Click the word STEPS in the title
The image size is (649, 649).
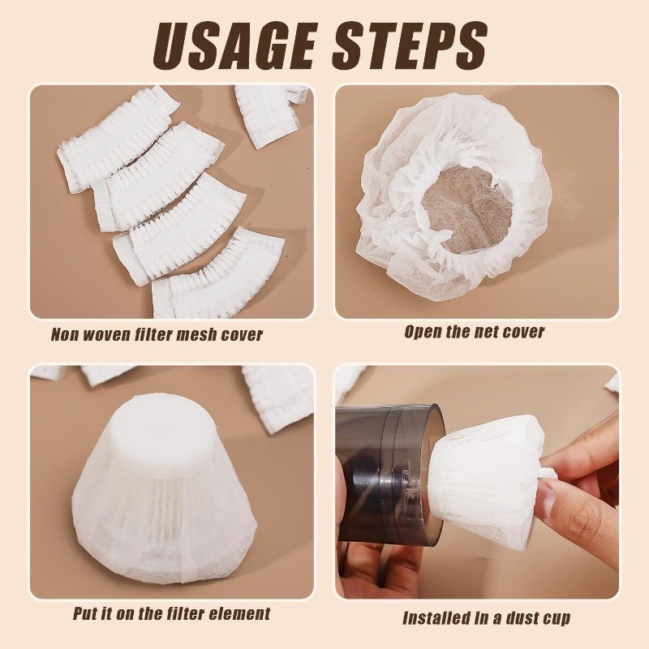[410, 45]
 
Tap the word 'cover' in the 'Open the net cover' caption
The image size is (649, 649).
[526, 333]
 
